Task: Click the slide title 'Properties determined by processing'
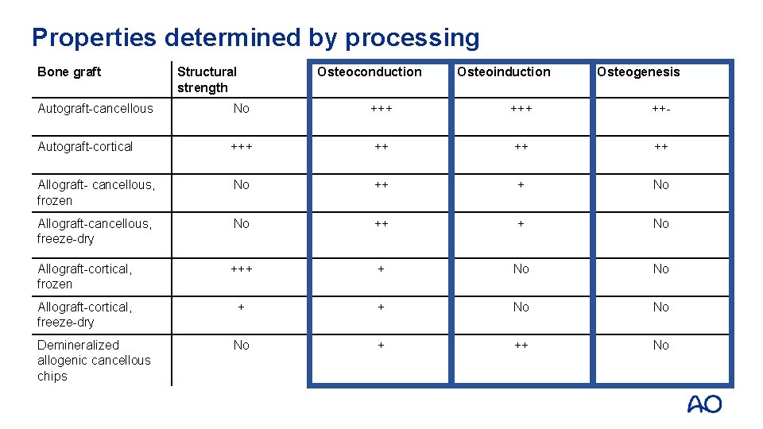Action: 255,37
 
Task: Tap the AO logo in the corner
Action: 704,404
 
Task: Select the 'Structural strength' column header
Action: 207,79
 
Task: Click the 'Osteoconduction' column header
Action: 369,71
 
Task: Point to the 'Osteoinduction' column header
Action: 503,71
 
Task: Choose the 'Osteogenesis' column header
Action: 638,71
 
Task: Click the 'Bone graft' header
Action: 69,71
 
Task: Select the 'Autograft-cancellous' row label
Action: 95,108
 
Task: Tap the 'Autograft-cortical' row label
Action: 85,146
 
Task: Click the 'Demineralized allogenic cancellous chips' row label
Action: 93,360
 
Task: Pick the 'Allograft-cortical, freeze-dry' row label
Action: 84,314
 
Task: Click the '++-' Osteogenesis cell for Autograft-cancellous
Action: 660,108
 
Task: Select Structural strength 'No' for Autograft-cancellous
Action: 242,108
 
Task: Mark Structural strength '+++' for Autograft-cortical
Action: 242,146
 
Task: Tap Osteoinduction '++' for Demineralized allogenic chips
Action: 521,345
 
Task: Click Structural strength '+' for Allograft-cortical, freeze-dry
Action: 242,307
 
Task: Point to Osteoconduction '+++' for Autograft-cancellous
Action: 381,108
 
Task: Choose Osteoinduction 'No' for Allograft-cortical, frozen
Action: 521,269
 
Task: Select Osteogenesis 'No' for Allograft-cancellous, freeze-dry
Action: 660,223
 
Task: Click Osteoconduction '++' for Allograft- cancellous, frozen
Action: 381,184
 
